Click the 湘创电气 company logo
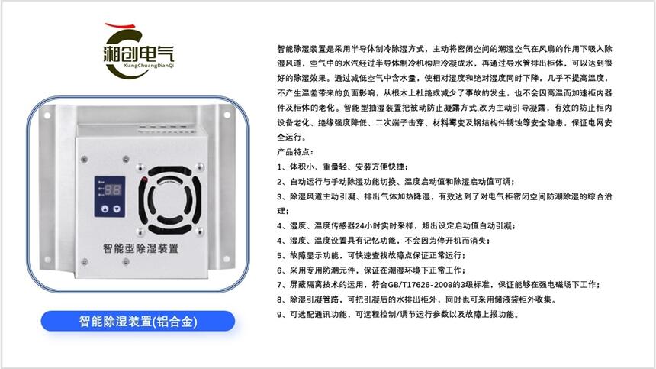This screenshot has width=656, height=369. [x=138, y=51]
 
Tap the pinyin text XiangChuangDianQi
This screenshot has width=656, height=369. [x=149, y=66]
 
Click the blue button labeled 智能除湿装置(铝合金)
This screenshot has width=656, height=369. [x=137, y=322]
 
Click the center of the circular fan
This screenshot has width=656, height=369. [x=170, y=200]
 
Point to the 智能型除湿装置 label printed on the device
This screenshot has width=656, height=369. [x=140, y=248]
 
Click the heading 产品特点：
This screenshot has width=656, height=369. [x=295, y=152]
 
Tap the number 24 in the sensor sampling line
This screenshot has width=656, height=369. [x=359, y=226]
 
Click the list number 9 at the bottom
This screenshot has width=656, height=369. [x=279, y=315]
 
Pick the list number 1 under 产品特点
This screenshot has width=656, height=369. [x=279, y=167]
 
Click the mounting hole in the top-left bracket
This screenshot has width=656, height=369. [x=47, y=115]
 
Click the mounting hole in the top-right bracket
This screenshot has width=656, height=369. [x=227, y=115]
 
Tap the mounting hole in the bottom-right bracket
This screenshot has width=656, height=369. [x=227, y=259]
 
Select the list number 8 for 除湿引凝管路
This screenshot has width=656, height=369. [x=279, y=299]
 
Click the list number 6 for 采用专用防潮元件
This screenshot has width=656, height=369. [x=279, y=270]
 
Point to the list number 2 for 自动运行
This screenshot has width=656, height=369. [x=279, y=182]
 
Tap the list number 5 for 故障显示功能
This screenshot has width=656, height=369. [x=279, y=255]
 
